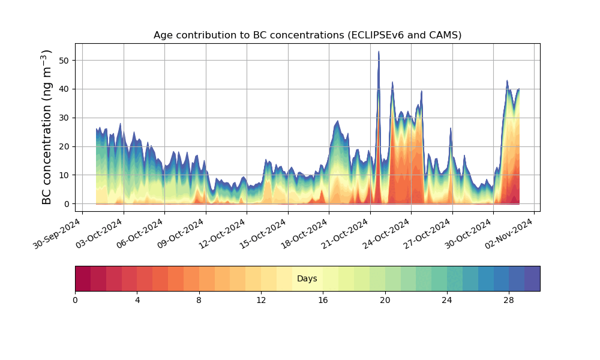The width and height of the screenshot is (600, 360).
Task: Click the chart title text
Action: click(x=307, y=35)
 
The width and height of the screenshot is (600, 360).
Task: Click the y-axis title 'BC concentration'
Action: click(x=47, y=127)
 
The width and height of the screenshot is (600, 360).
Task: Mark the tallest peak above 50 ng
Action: click(x=379, y=52)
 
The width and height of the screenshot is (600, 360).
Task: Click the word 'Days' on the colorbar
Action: click(x=307, y=279)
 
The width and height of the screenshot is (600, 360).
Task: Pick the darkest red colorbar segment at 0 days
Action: click(x=83, y=278)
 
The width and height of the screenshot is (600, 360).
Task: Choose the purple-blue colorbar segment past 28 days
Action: click(x=532, y=278)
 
